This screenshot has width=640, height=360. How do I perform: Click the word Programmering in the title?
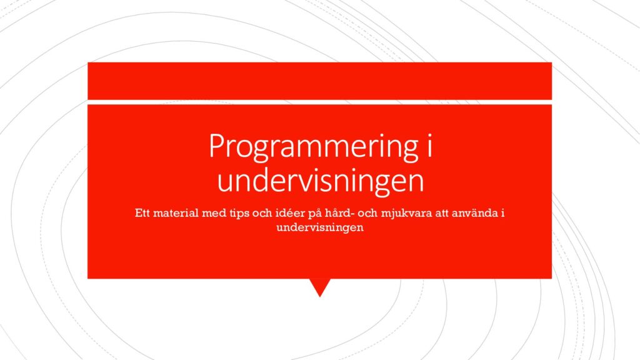(x=314, y=146)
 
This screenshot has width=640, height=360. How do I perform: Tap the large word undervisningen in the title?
(x=321, y=180)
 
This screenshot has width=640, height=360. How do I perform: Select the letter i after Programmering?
(x=429, y=144)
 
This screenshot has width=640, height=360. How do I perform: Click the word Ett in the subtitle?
(x=142, y=213)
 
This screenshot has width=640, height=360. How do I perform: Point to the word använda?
(x=475, y=213)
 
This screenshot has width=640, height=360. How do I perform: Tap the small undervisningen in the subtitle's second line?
(x=320, y=227)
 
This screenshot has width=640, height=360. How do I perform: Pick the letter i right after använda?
(x=503, y=213)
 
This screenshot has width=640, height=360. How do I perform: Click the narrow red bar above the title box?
(x=319, y=81)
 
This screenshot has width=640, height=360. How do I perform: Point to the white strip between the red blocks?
(x=319, y=102)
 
